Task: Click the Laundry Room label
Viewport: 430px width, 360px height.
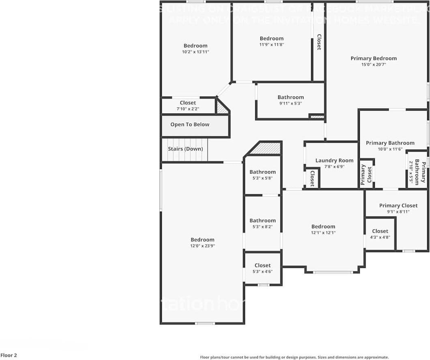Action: tap(334, 161)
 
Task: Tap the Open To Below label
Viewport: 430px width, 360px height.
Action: tap(190, 124)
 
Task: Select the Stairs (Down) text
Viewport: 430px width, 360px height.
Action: tap(185, 149)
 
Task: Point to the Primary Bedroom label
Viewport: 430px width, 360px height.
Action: tap(374, 58)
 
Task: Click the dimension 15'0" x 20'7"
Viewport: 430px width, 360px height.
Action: tap(374, 64)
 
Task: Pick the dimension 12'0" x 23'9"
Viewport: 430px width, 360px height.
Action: tap(202, 246)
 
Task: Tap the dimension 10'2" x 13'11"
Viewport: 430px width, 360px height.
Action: tap(196, 52)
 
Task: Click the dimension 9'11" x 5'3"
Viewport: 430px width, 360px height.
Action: tap(290, 103)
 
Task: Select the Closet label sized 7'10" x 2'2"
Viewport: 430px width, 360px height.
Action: tap(188, 103)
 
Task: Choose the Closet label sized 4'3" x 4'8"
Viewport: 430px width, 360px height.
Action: tap(380, 231)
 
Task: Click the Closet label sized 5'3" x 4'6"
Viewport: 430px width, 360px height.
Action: tap(262, 266)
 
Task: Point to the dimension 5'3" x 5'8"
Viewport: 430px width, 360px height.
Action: tap(262, 178)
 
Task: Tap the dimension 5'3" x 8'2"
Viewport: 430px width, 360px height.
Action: tap(262, 227)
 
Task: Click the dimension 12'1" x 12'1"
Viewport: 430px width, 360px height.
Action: tap(323, 233)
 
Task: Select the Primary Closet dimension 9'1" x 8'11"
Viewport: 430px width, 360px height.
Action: tap(398, 212)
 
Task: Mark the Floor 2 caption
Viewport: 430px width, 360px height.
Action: tap(9, 356)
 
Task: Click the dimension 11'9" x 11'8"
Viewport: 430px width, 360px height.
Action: tap(272, 45)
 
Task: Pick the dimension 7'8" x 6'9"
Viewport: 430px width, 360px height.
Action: tap(334, 167)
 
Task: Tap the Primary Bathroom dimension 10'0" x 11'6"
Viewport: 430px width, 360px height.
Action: tap(390, 149)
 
